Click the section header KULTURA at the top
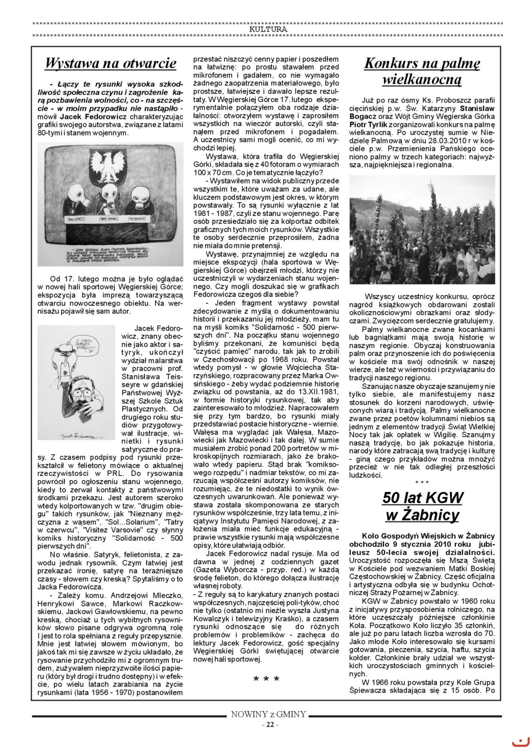(x=268, y=29)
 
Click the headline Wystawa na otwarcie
(x=110, y=63)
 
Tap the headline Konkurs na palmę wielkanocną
(x=422, y=71)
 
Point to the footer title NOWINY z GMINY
(x=269, y=714)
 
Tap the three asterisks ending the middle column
(x=266, y=679)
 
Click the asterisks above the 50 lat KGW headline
(x=422, y=482)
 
